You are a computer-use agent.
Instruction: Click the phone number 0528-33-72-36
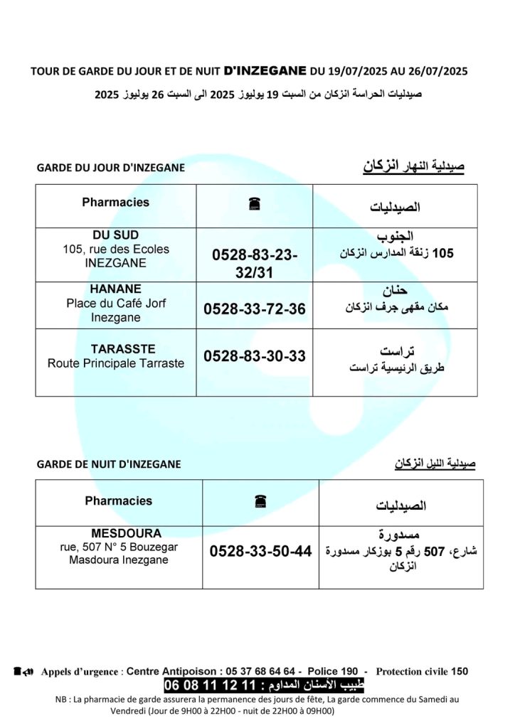[255, 309]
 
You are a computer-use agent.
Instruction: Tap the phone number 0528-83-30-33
[255, 356]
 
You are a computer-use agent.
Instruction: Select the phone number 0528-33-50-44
[260, 551]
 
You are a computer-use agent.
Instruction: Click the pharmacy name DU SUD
[115, 235]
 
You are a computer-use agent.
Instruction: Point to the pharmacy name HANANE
[115, 289]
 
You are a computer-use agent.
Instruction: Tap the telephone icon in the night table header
[260, 502]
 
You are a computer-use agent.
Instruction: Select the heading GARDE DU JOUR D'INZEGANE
[110, 168]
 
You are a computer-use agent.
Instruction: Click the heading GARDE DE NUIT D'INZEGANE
[108, 464]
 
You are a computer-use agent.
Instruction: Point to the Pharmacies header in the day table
[115, 203]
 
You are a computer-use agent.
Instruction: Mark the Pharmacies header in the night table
[118, 500]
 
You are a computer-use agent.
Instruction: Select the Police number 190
[349, 671]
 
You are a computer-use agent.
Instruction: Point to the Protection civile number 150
[460, 671]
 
